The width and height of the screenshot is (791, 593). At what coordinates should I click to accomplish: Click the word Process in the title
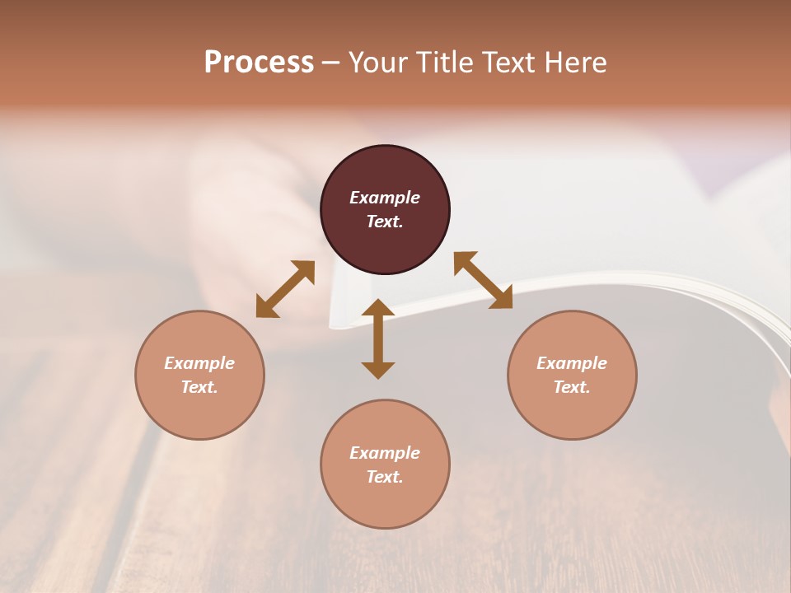coord(259,63)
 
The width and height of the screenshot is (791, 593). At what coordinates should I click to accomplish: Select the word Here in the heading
coord(574,63)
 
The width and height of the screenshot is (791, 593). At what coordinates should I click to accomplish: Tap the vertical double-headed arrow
coord(378,339)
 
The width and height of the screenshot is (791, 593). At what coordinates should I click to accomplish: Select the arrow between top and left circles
coord(285,289)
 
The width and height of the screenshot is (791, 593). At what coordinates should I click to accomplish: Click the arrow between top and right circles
coord(484,280)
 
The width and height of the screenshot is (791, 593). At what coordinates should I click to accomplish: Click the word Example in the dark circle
coord(385,198)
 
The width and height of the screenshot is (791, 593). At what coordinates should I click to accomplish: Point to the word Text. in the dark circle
coord(385,222)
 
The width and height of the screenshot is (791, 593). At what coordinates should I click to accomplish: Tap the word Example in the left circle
coord(199,363)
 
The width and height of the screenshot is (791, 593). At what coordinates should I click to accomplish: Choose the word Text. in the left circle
coord(199,387)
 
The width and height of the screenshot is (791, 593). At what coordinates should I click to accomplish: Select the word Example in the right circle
coord(572,363)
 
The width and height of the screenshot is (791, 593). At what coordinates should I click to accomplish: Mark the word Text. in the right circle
coord(572,387)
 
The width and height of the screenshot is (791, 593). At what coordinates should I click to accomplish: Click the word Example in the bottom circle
coord(385,453)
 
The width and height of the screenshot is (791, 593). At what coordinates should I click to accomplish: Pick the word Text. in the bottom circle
coord(385,477)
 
